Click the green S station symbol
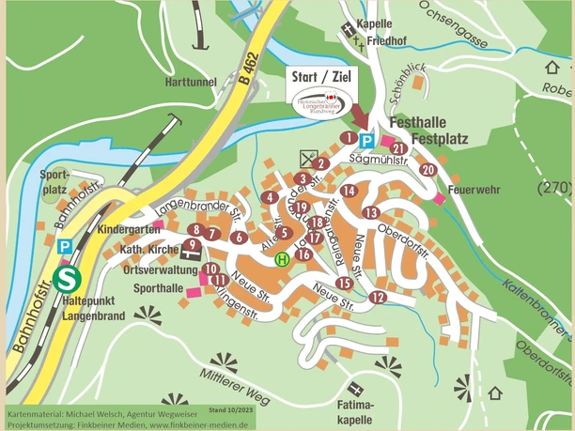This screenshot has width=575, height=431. [x=66, y=279]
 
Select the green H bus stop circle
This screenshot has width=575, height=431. [x=280, y=258]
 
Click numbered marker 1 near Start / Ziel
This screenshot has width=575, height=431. [x=348, y=138]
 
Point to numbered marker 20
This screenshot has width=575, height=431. [x=428, y=170]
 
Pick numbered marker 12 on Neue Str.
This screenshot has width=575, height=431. [x=378, y=298]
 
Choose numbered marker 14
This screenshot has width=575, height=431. [x=350, y=191]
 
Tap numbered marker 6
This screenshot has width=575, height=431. [x=240, y=238]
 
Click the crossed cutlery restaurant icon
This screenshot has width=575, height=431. [x=309, y=156]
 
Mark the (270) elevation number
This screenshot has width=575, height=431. [x=554, y=188]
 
